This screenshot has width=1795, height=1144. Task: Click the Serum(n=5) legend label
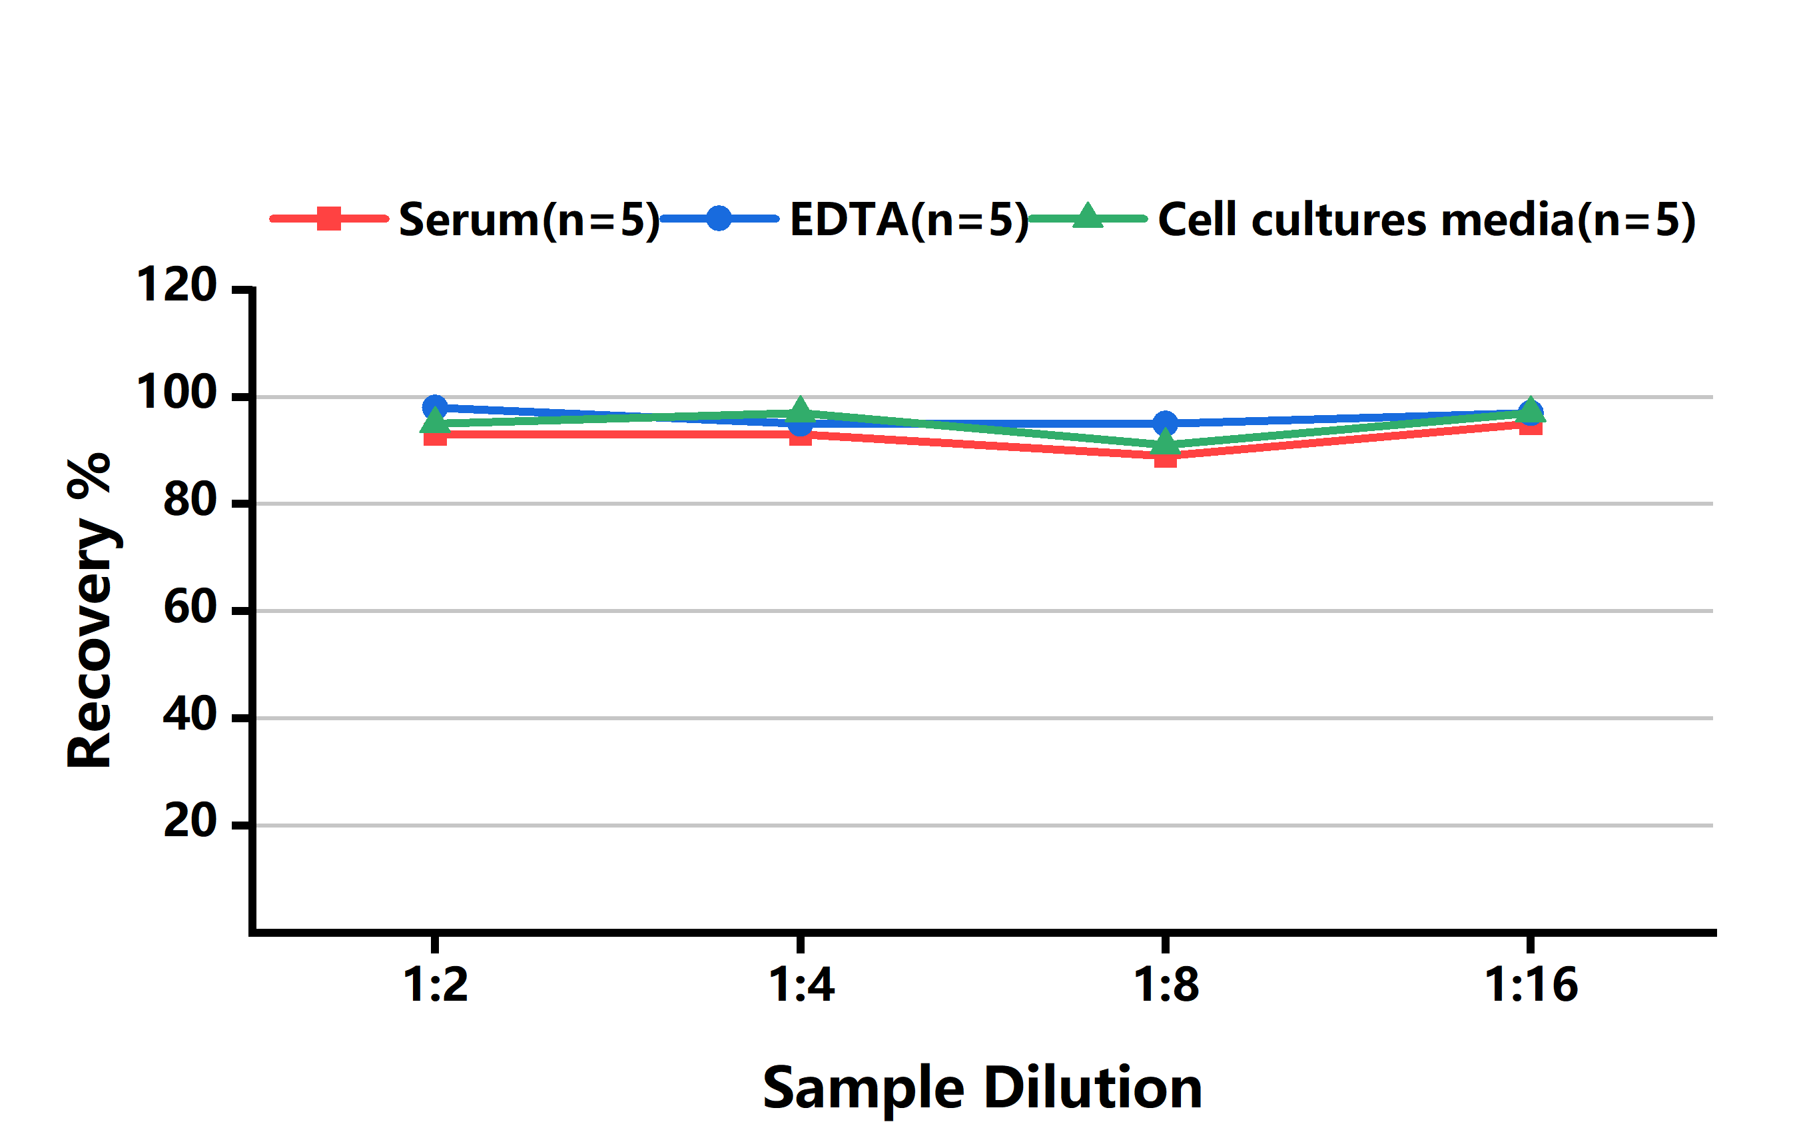point(530,220)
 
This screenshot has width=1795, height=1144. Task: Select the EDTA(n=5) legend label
point(908,220)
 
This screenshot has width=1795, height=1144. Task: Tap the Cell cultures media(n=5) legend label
point(1427,220)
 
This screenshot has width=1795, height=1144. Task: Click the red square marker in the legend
point(329,219)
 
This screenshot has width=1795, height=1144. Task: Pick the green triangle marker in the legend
point(1088,217)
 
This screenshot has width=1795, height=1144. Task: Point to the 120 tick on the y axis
point(176,286)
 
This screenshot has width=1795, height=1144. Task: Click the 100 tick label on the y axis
point(176,393)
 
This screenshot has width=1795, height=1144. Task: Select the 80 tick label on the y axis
point(189,500)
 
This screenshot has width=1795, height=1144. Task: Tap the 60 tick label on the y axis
point(189,608)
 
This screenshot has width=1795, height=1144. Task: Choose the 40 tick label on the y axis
point(189,715)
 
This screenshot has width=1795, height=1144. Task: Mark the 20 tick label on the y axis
point(189,822)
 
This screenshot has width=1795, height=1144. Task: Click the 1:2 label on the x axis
point(436,985)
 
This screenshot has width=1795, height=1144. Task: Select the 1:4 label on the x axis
point(801,985)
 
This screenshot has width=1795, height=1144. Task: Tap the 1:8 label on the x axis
point(1166,985)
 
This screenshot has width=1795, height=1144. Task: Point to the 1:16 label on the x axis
point(1531,985)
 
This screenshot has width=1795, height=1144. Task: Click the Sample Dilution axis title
point(982,1088)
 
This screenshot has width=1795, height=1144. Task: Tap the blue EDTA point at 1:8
point(1165,424)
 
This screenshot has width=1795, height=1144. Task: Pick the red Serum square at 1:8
point(1165,457)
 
